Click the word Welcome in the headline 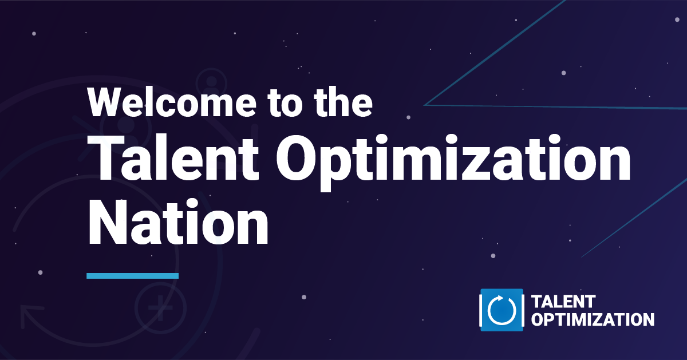(x=172, y=102)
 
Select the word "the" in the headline (x=343, y=102)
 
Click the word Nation (x=178, y=222)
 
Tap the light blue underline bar (x=132, y=276)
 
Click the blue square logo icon (x=502, y=310)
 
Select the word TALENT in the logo (x=563, y=302)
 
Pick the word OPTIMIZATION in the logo (x=593, y=320)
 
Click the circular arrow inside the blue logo (x=502, y=310)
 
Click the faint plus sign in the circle (x=160, y=308)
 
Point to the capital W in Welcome (x=106, y=102)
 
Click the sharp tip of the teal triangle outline (x=424, y=105)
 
